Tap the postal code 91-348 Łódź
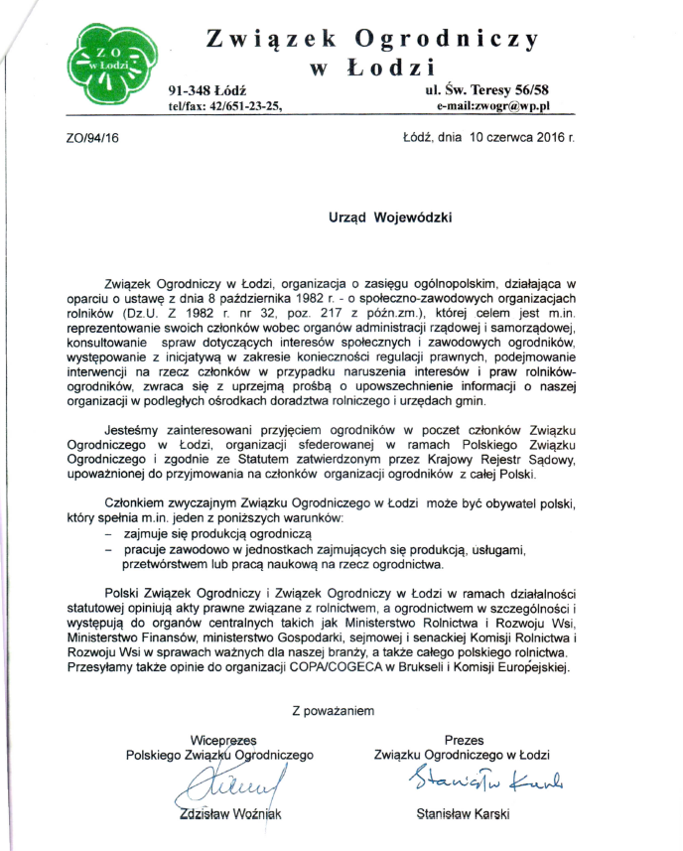coord(212,90)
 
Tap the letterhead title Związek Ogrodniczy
coord(372,39)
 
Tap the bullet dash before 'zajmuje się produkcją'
coord(107,534)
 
